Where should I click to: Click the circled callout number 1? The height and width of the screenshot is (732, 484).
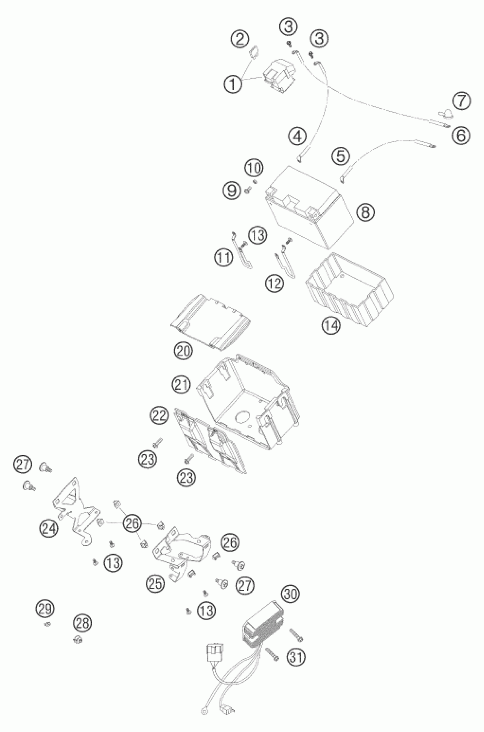pos(233,84)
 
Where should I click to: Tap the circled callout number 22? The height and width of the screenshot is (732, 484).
pos(160,416)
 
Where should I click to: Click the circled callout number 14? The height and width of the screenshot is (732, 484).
pos(331,325)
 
